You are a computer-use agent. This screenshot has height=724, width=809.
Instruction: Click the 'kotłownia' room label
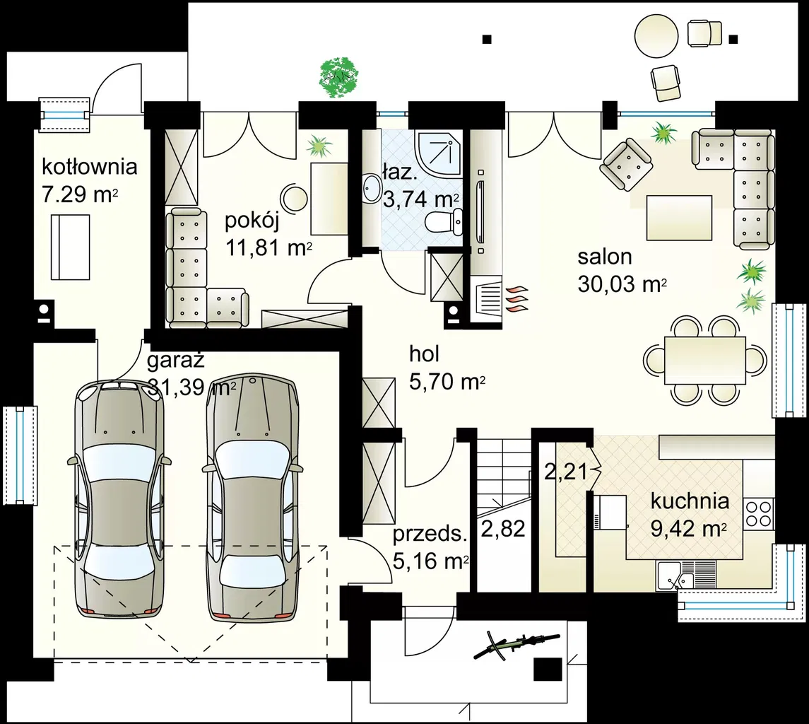coord(89,167)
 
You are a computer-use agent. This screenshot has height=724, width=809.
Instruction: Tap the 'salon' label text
coord(605,257)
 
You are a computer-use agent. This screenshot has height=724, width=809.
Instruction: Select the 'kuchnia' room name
coord(690,501)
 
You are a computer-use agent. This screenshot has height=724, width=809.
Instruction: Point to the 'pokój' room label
coord(252,222)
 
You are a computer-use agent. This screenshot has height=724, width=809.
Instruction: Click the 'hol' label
coord(424,354)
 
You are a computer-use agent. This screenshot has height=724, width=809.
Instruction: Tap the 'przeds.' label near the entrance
coord(430,534)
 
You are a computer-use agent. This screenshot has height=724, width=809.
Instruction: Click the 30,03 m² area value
coord(622,284)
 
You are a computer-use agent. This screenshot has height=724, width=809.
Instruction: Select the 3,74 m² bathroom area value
coord(421,199)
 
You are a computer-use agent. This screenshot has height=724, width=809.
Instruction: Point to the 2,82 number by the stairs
coord(503,529)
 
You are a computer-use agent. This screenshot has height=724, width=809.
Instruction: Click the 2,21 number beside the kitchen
coord(566,472)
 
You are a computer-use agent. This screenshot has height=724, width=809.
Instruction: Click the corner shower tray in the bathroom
coord(439,154)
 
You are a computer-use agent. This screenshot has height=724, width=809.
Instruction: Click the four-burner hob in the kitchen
coord(758,513)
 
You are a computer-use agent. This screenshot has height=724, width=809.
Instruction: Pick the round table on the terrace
coord(656,36)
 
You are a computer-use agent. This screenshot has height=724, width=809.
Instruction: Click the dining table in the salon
coord(704,361)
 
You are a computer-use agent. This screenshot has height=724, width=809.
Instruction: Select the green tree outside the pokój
coord(339,78)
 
